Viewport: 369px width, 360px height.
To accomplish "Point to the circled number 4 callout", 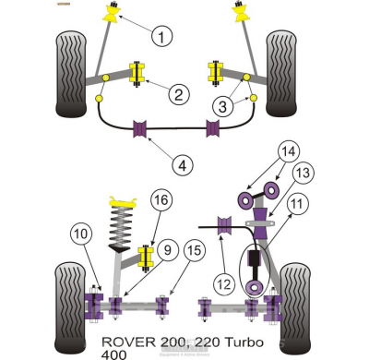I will click(x=184, y=165).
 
